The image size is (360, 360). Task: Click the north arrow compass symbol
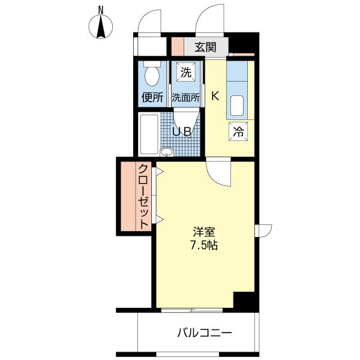(101, 26)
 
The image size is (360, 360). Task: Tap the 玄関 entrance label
(205, 47)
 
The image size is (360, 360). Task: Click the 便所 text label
(152, 97)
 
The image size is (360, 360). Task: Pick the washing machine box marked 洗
(186, 73)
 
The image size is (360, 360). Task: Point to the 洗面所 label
(186, 98)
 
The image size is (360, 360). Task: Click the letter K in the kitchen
(215, 96)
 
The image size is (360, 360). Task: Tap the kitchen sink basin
(237, 106)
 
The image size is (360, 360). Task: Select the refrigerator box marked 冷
(238, 131)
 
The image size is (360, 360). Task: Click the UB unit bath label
(181, 132)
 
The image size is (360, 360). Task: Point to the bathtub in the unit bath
(149, 134)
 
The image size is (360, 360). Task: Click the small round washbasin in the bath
(167, 152)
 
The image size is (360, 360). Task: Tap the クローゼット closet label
(144, 196)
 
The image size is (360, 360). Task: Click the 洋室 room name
(204, 232)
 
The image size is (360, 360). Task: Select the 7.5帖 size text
(203, 245)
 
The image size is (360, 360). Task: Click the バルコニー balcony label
(204, 332)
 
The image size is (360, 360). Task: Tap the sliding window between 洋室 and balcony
(192, 310)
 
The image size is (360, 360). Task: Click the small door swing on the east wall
(263, 231)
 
